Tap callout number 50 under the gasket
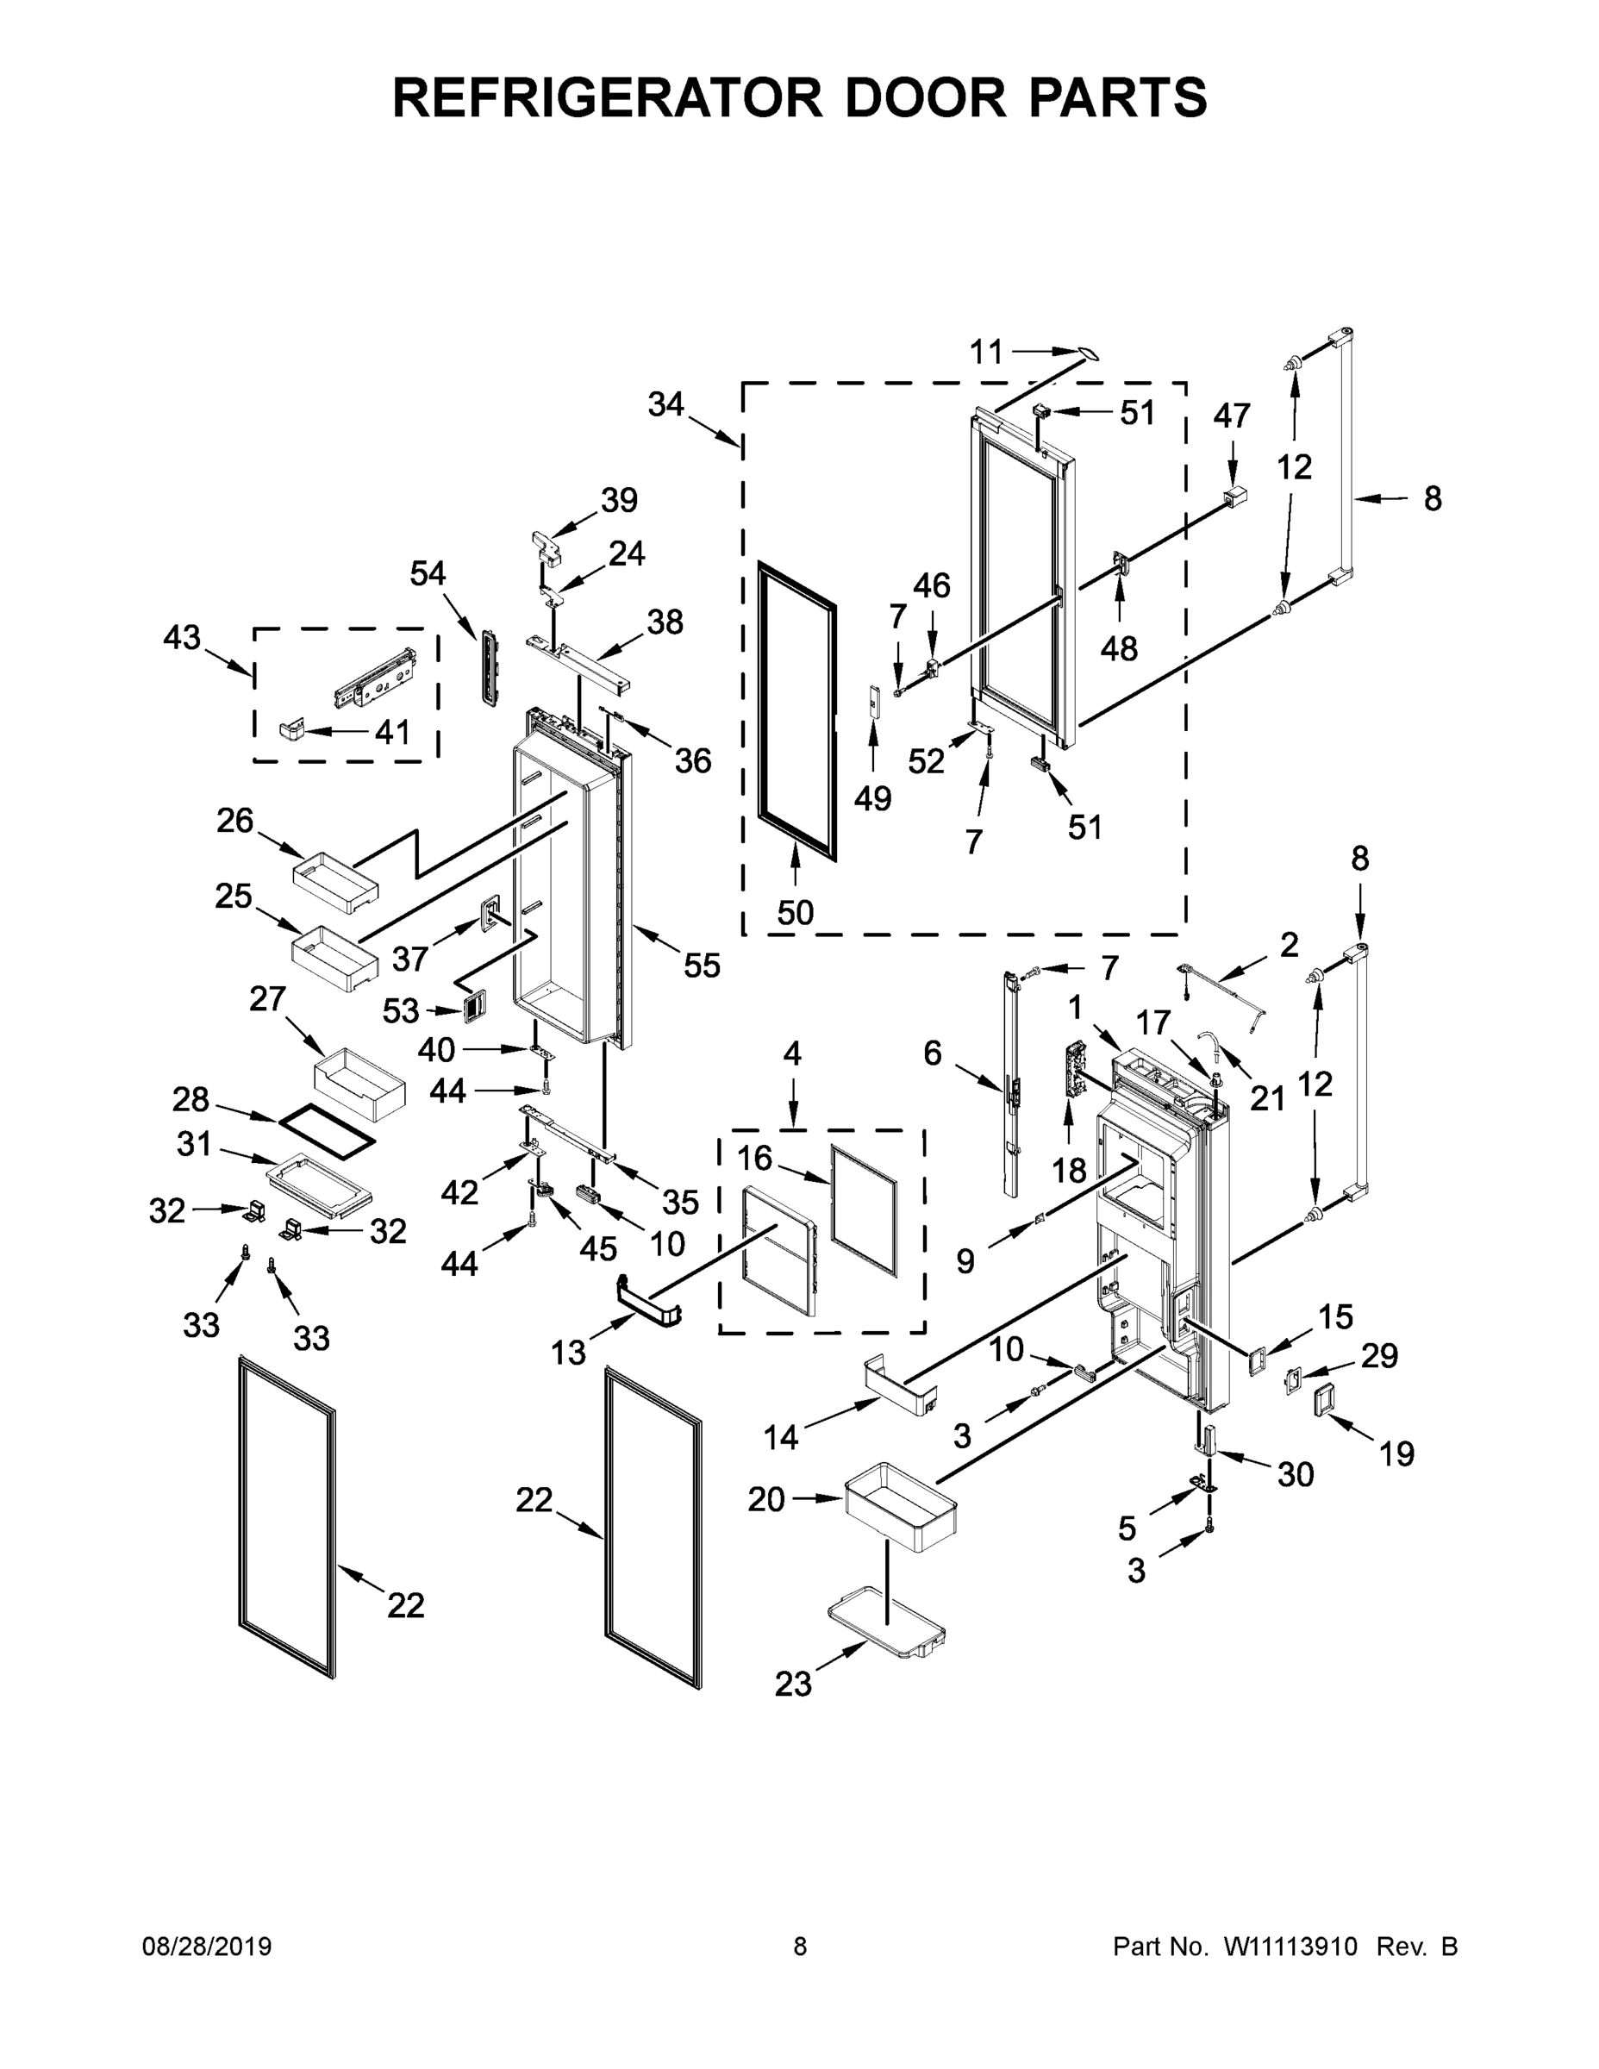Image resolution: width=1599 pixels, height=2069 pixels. pyautogui.click(x=795, y=912)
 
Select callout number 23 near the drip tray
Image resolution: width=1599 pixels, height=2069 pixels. pyautogui.click(x=793, y=1684)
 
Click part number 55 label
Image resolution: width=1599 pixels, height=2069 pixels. pyautogui.click(x=701, y=966)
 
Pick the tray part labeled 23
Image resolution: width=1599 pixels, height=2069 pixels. pyautogui.click(x=887, y=1622)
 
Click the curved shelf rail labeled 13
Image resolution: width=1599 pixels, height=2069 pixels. pyautogui.click(x=649, y=1305)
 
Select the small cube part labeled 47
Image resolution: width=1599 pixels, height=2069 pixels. pyautogui.click(x=1235, y=495)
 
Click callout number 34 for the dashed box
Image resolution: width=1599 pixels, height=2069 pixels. pyautogui.click(x=665, y=404)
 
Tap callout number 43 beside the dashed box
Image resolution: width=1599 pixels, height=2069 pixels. pyautogui.click(x=182, y=638)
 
